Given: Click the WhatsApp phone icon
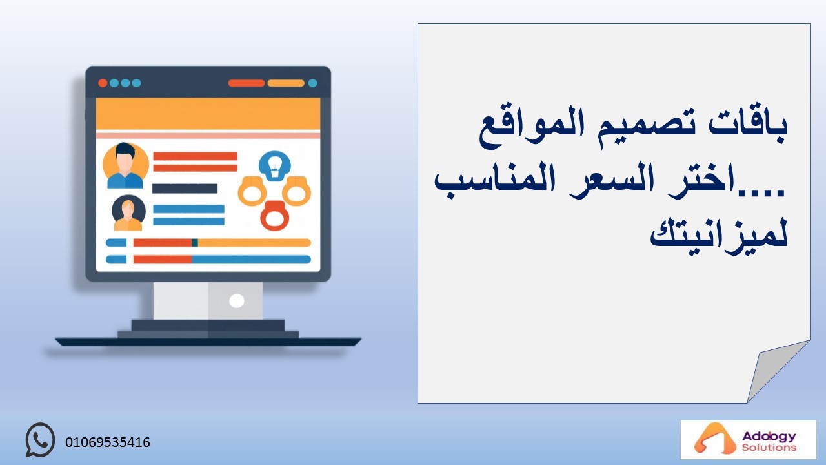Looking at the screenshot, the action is pyautogui.click(x=40, y=440).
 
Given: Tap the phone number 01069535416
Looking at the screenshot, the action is pyautogui.click(x=108, y=442).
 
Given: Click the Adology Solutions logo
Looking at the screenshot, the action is pyautogui.click(x=748, y=440).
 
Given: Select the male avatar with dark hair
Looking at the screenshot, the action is pyautogui.click(x=126, y=165).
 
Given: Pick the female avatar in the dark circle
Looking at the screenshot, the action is pyautogui.click(x=128, y=213).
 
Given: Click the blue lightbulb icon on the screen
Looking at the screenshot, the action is pyautogui.click(x=275, y=166).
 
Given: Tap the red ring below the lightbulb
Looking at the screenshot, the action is pyautogui.click(x=274, y=216).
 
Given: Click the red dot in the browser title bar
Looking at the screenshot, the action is pyautogui.click(x=103, y=83).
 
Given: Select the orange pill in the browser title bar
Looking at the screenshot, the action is pyautogui.click(x=286, y=83).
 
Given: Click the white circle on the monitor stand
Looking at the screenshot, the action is pyautogui.click(x=236, y=301).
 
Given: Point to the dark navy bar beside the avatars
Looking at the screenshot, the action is pyautogui.click(x=185, y=189).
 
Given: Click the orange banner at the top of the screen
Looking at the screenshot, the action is pyautogui.click(x=208, y=114).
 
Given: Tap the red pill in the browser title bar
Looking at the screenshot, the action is pyautogui.click(x=247, y=83).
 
